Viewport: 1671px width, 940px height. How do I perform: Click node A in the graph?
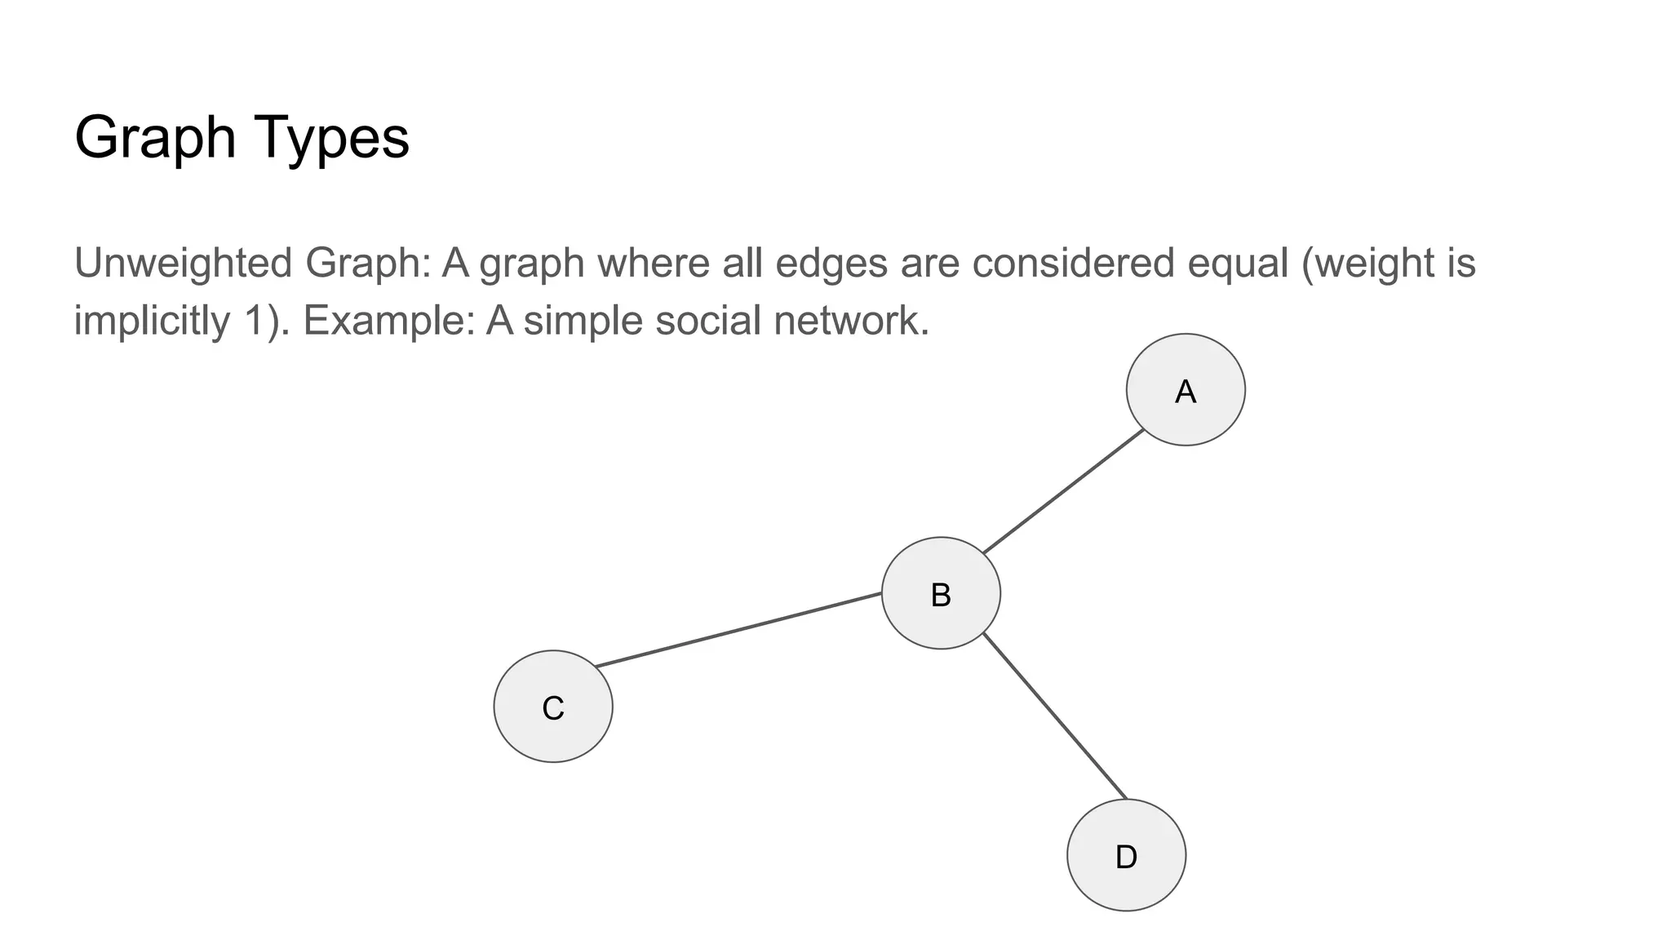pyautogui.click(x=1185, y=390)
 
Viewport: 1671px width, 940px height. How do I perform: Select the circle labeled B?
pyautogui.click(x=941, y=593)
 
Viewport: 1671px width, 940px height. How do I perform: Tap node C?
pyautogui.click(x=553, y=707)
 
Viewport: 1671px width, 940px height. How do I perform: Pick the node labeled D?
pyautogui.click(x=1126, y=855)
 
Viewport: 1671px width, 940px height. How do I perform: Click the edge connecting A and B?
pyautogui.click(x=1063, y=492)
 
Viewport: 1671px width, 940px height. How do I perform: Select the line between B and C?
pyautogui.click(x=738, y=630)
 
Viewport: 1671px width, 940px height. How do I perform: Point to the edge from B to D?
pyautogui.click(x=1054, y=716)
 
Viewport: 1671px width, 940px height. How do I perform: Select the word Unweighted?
pyautogui.click(x=183, y=264)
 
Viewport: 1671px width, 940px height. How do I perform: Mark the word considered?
pyautogui.click(x=1073, y=264)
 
